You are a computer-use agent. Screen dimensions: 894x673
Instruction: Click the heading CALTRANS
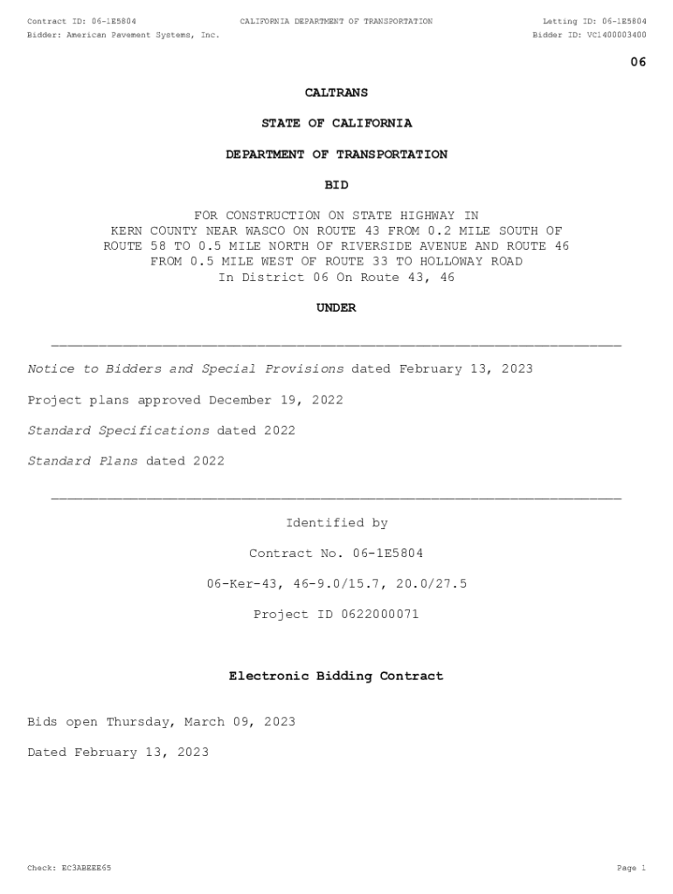click(336, 93)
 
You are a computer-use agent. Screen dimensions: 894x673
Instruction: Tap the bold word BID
click(336, 185)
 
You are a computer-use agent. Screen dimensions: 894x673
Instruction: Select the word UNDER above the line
click(336, 308)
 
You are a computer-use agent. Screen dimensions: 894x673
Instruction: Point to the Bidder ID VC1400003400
click(617, 36)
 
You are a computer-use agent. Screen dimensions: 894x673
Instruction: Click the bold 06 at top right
click(638, 62)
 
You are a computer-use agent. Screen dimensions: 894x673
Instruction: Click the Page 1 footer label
click(630, 869)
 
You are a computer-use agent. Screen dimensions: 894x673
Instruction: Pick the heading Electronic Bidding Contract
click(336, 677)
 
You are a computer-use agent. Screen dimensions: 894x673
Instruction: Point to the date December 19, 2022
click(276, 400)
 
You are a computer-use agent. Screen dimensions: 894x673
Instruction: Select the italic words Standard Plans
click(83, 461)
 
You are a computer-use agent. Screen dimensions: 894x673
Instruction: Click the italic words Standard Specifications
click(118, 430)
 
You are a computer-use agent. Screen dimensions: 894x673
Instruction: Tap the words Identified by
click(336, 523)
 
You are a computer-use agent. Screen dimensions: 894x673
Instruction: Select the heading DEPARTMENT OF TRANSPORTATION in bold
click(336, 155)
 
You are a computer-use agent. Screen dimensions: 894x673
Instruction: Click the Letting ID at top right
click(594, 21)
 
